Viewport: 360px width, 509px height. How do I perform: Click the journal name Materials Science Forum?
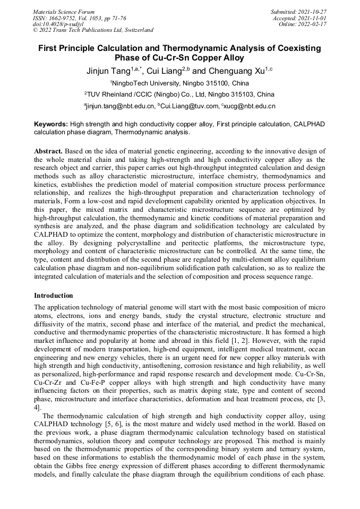click(64, 11)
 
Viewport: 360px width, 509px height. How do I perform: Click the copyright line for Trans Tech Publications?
click(93, 30)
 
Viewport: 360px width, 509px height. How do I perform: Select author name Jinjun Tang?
click(108, 71)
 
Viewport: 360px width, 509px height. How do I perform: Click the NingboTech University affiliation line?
click(179, 83)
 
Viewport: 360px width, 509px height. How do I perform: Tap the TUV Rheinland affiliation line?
click(179, 94)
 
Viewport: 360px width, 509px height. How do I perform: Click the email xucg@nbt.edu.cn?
click(250, 106)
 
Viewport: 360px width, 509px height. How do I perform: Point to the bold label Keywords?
click(51, 124)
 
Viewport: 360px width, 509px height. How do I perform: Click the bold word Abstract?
click(49, 151)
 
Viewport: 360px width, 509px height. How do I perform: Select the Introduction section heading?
click(54, 295)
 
